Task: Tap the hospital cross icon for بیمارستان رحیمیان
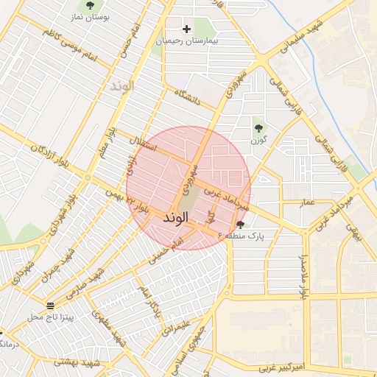187,29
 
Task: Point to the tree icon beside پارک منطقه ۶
241,225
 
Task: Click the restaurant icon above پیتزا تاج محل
50,306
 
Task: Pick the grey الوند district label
122,86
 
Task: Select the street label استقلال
142,143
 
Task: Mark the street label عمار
306,201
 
